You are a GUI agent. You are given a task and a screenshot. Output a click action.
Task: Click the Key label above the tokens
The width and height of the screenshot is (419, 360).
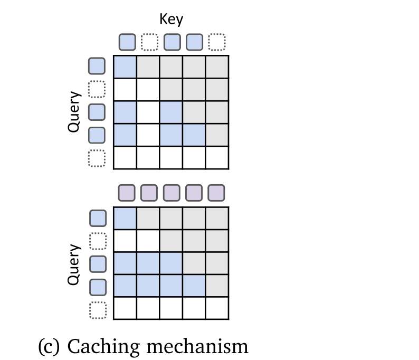(x=172, y=20)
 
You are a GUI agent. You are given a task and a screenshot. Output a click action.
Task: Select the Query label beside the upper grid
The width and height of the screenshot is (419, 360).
(x=74, y=111)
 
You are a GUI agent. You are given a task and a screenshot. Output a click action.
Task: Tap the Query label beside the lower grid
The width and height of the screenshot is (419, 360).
(x=74, y=264)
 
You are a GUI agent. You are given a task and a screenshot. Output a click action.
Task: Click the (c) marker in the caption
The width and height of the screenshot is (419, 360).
(x=50, y=346)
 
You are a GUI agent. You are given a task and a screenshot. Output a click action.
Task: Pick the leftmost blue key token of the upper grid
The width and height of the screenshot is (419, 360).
(x=127, y=42)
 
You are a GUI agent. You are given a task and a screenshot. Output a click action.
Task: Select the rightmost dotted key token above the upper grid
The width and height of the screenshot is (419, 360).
(x=216, y=42)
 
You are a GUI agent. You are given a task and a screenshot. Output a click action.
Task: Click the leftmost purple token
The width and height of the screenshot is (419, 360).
(x=127, y=193)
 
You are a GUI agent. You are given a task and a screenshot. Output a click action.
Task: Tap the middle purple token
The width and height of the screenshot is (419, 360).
(x=172, y=193)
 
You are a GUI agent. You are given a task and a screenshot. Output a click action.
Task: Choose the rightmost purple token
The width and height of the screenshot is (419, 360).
(x=216, y=193)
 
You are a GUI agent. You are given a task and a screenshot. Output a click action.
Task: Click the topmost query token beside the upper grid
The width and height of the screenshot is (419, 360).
(x=97, y=67)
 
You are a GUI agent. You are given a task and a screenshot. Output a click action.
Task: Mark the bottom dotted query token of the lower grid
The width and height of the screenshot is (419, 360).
(x=97, y=309)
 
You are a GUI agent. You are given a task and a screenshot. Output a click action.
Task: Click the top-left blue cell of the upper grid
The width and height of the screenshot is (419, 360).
(x=126, y=67)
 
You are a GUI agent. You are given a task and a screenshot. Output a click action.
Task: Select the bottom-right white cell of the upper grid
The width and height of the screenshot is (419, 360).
(x=216, y=157)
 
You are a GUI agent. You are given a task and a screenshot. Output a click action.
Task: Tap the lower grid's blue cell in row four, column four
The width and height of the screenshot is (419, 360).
(x=194, y=286)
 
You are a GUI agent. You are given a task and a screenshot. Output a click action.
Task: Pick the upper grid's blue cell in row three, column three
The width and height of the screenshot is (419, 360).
(x=171, y=112)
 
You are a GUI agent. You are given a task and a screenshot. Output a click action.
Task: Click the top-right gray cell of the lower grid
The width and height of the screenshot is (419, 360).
(x=216, y=218)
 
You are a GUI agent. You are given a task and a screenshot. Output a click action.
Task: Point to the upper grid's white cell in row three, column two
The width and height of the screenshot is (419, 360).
(x=148, y=112)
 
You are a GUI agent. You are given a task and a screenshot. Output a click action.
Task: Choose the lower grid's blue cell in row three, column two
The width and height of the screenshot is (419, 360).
(x=148, y=263)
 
